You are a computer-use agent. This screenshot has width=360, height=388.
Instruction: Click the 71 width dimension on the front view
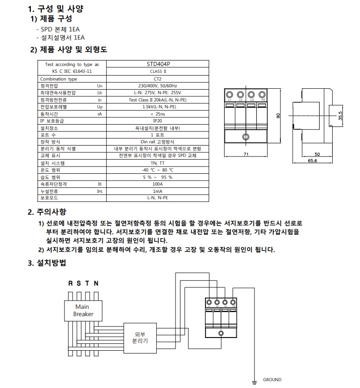[x=246, y=155]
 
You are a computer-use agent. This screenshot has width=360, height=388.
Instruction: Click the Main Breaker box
[x=82, y=311]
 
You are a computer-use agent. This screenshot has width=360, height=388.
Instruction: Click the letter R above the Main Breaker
[x=70, y=283]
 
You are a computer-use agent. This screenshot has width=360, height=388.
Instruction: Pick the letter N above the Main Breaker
[x=96, y=283]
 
